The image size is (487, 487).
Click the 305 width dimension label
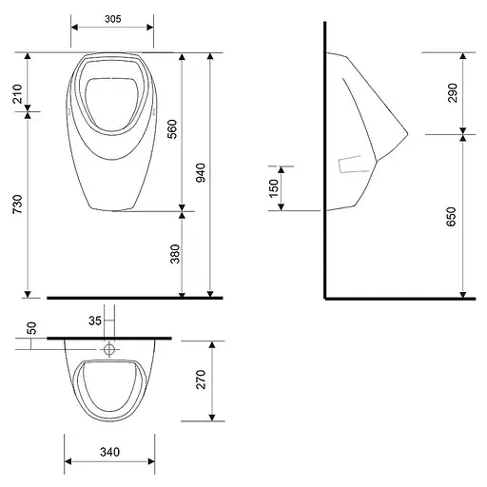(x=113, y=19)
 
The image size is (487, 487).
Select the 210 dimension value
(x=18, y=94)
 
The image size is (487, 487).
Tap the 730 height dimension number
(x=18, y=204)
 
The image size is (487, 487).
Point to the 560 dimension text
(x=172, y=129)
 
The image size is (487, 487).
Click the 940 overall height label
(x=201, y=172)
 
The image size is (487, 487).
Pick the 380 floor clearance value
(x=175, y=254)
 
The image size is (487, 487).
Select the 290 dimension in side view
(x=453, y=93)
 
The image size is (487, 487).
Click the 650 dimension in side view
(x=451, y=217)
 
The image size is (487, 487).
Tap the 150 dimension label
(x=273, y=188)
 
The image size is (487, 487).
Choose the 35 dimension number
(x=95, y=321)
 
